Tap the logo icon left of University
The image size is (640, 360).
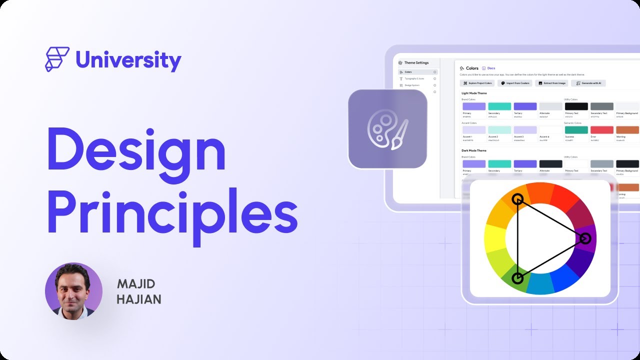click(x=56, y=59)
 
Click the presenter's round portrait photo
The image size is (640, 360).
click(x=73, y=291)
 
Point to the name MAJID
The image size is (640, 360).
click(x=136, y=284)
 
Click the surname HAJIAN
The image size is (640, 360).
click(x=139, y=299)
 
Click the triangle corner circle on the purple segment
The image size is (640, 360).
click(x=585, y=238)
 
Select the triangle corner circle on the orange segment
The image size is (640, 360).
click(x=517, y=199)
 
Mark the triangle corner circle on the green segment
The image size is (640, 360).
click(x=517, y=278)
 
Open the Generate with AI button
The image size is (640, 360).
click(x=588, y=83)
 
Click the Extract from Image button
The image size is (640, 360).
click(x=551, y=83)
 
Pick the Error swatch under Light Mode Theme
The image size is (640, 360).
click(x=601, y=130)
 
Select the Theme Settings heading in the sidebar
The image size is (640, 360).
click(x=416, y=62)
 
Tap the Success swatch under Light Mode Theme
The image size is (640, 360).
click(x=576, y=130)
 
